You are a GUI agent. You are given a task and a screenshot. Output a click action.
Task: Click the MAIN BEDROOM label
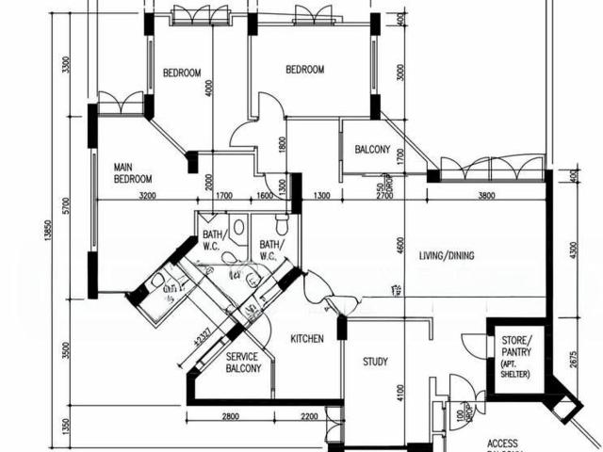(133, 172)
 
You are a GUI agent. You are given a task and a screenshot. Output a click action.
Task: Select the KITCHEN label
(308, 338)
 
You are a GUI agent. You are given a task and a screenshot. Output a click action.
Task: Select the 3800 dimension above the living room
(485, 196)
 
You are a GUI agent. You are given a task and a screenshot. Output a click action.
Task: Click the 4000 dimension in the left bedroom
(209, 92)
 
